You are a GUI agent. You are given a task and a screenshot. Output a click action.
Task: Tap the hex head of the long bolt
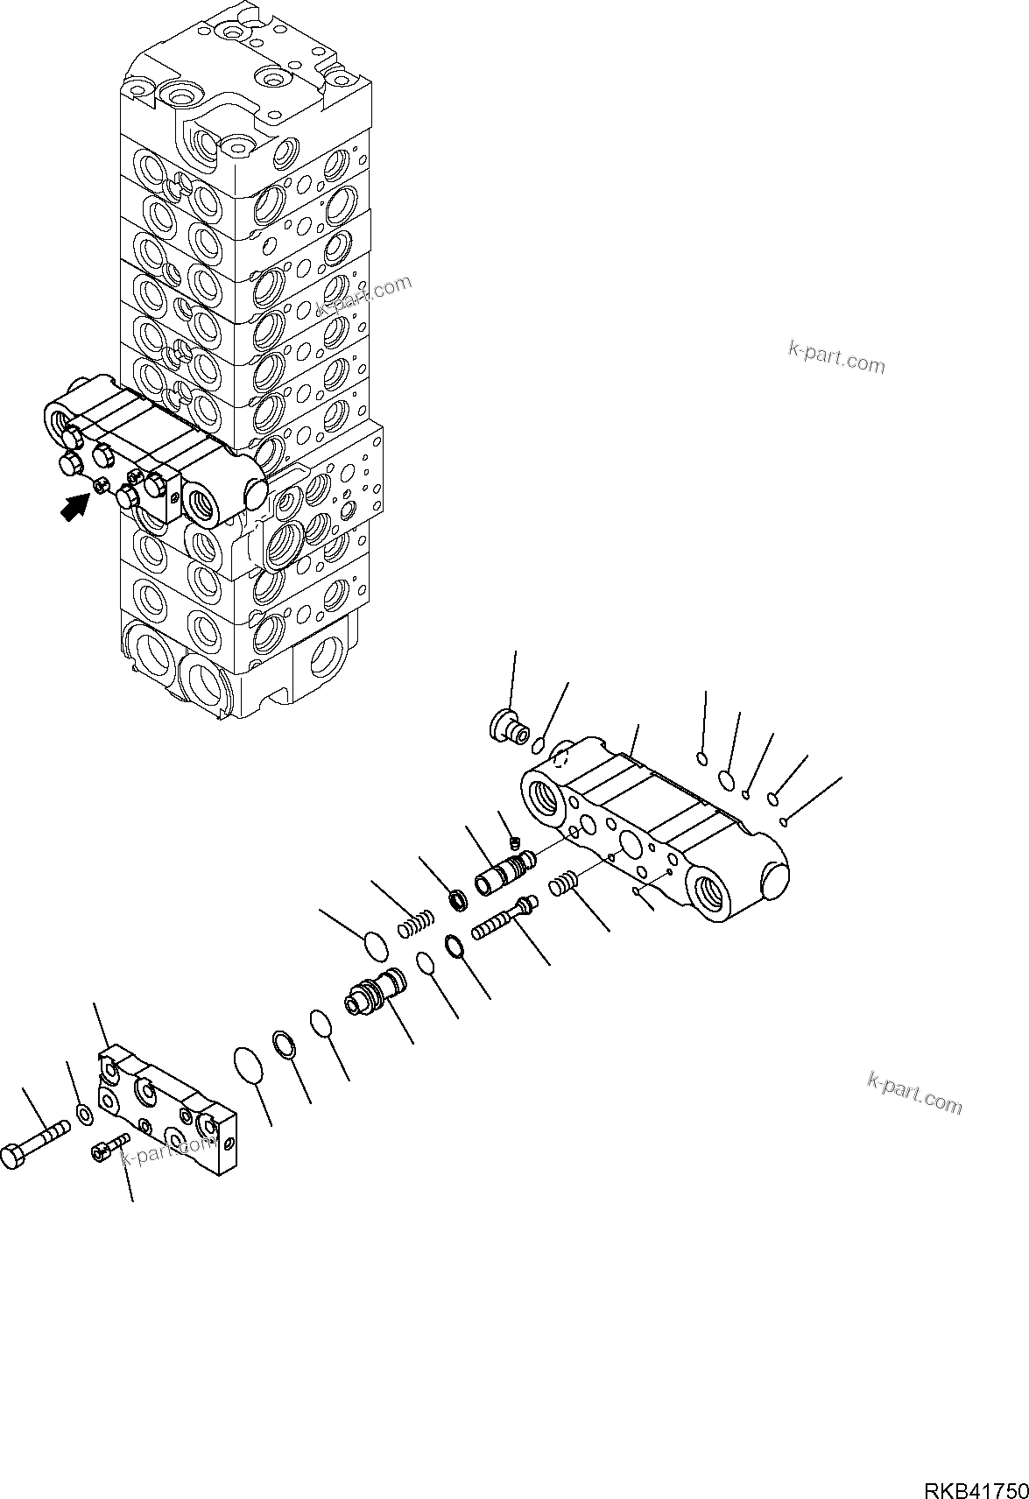[x=12, y=1157]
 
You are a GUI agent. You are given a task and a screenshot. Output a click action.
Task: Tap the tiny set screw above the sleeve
[x=514, y=843]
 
